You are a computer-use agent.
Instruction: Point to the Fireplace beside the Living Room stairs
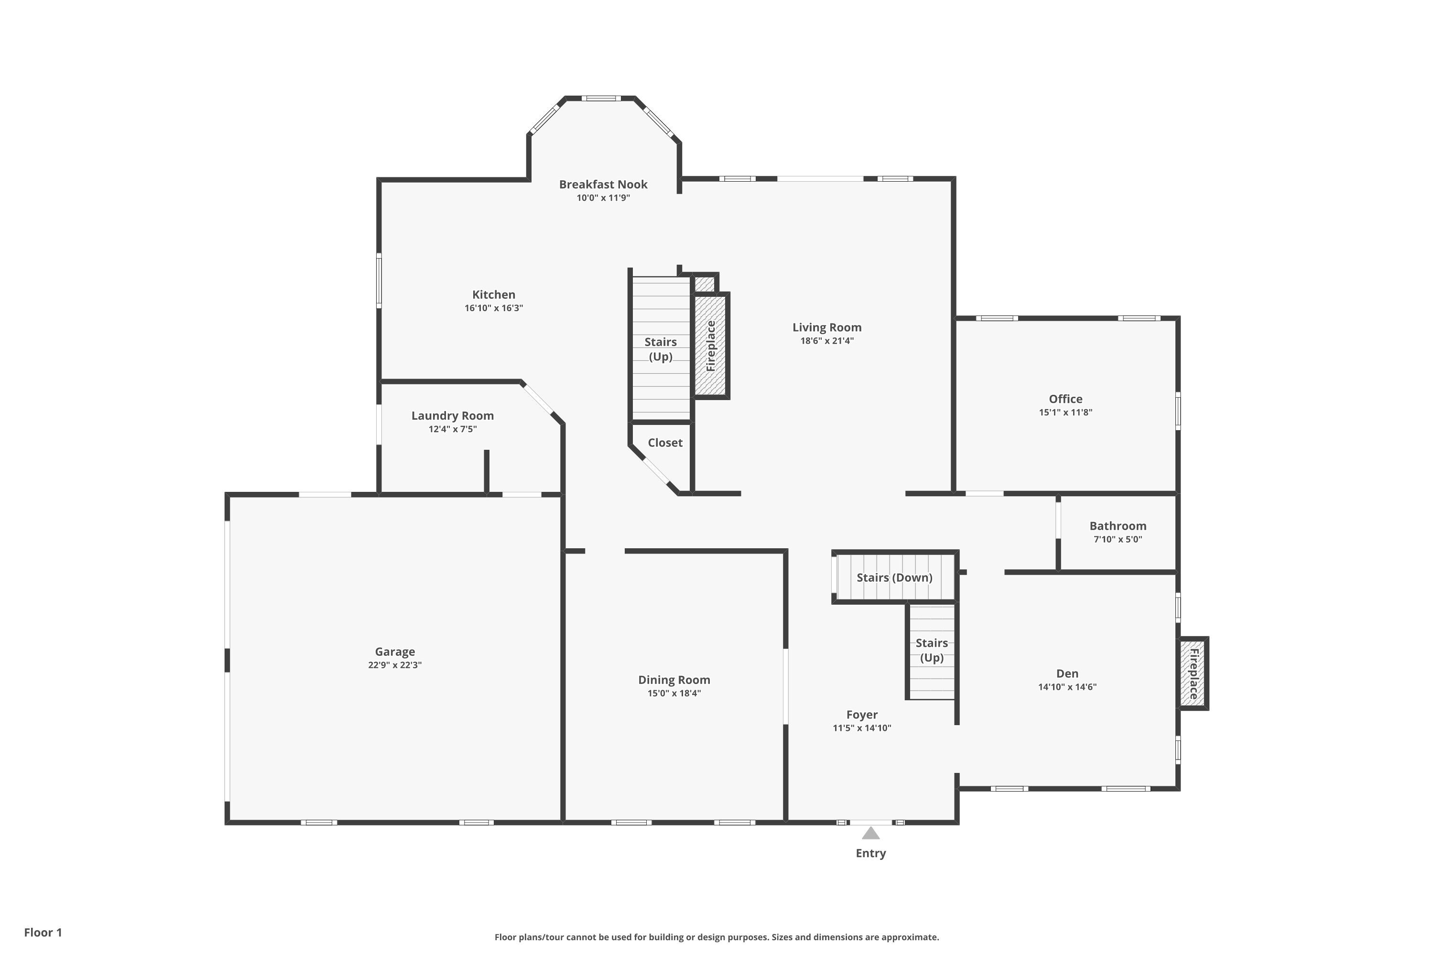point(711,346)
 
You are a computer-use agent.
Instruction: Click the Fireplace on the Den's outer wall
point(1193,674)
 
